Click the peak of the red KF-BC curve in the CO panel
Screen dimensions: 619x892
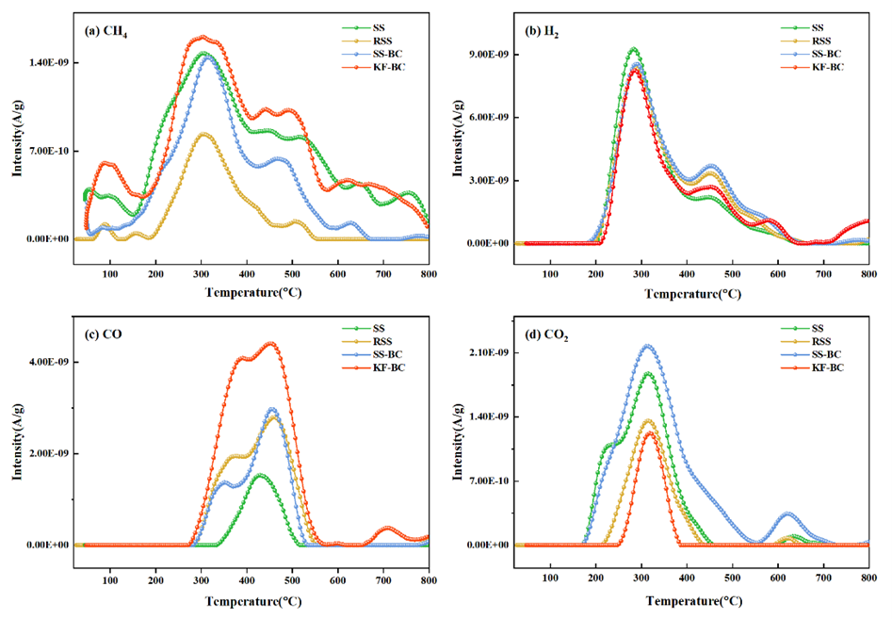(270, 343)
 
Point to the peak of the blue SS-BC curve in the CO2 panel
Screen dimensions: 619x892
(646, 345)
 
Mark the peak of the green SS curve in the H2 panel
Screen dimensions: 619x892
(633, 48)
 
